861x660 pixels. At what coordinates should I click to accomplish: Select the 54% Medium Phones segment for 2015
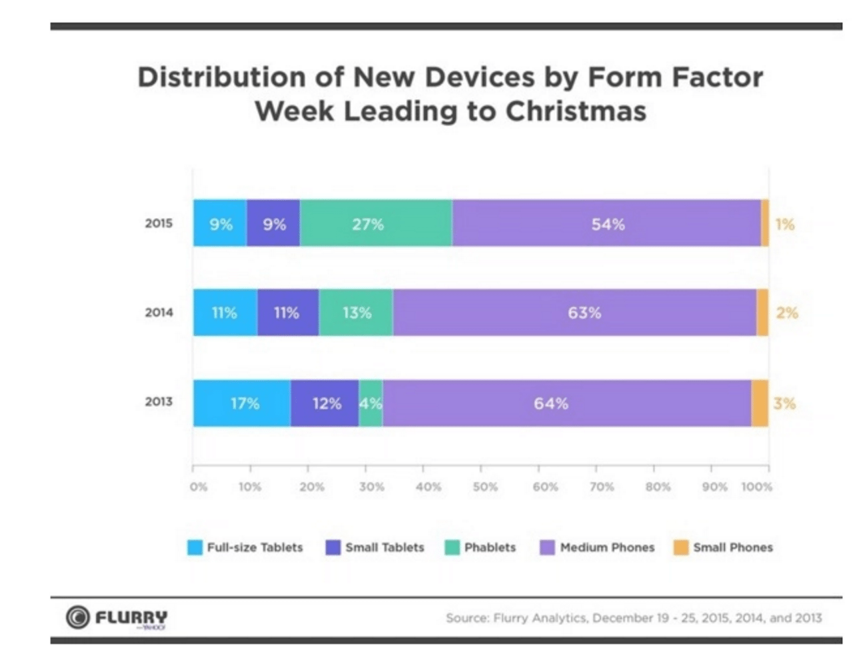[606, 224]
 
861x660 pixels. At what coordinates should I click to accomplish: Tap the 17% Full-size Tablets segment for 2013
[242, 403]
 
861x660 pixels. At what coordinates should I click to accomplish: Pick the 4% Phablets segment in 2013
[371, 403]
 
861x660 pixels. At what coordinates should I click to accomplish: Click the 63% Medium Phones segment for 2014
[574, 313]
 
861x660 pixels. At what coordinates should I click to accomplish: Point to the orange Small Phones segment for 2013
[760, 403]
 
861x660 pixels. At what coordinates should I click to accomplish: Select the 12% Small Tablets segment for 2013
[325, 403]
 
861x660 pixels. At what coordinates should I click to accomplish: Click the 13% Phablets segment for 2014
[356, 313]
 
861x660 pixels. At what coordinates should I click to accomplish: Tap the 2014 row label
[159, 312]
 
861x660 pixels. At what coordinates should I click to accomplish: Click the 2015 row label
[159, 223]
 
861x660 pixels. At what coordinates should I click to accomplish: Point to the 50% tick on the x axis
[485, 487]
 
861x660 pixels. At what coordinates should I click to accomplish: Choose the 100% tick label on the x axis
[756, 487]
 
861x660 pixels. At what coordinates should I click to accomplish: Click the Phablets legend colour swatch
[452, 547]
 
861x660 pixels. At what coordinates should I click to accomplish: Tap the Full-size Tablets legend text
[255, 547]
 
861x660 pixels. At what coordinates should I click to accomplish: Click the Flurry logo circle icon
[77, 617]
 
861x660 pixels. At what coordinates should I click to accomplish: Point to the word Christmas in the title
[576, 111]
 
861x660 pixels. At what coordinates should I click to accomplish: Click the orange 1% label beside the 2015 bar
[784, 224]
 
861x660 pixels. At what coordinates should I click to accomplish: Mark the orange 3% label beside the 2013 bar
[784, 403]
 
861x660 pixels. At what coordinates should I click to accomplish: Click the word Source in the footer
[466, 618]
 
